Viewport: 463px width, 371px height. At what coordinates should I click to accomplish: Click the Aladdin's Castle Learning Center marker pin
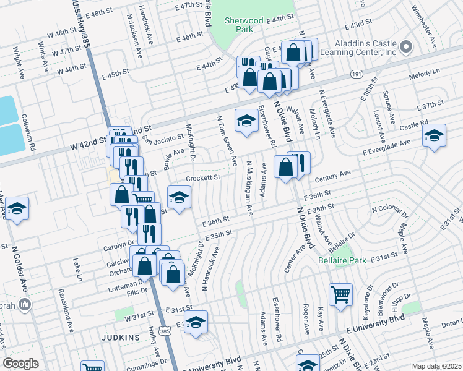pos(406,46)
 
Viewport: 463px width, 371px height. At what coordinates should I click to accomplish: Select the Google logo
pos(20,364)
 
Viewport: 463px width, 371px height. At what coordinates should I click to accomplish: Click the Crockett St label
pos(204,178)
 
